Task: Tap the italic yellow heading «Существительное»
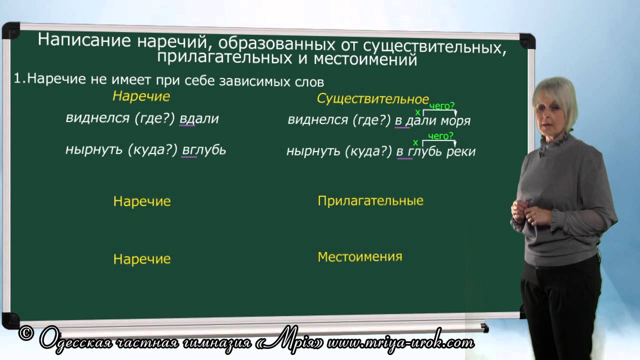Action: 372,99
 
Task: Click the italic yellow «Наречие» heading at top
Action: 141,96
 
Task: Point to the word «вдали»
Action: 199,118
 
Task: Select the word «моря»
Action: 455,120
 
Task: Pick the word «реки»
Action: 461,151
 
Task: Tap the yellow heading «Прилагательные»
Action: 370,201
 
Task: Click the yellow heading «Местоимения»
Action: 359,257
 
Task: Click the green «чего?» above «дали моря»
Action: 441,106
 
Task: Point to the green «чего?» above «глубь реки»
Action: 440,136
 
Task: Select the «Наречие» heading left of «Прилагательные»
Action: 142,201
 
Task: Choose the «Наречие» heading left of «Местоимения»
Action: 142,259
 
